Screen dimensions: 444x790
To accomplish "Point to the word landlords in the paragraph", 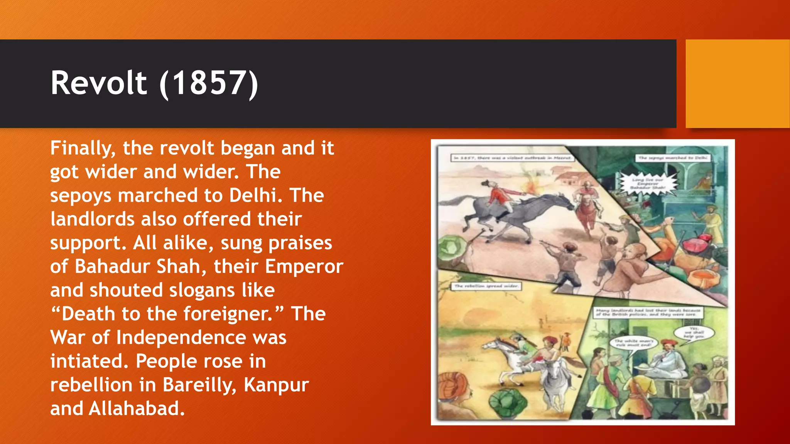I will click(92, 219).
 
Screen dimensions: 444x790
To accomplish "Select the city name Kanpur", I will click(276, 385).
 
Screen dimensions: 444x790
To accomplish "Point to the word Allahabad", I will click(137, 409).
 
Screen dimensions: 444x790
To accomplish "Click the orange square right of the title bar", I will click(738, 84).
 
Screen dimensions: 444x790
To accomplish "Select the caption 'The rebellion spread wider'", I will click(487, 286).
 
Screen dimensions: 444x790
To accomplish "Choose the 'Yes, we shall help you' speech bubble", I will click(694, 333).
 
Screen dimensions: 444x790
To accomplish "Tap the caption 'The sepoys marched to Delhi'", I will click(673, 158).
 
